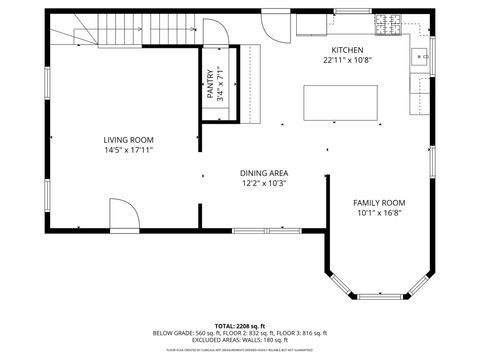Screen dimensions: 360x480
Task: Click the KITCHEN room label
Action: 347,49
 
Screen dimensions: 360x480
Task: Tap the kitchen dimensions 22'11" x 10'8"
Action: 347,60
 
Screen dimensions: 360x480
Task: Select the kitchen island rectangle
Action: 341,102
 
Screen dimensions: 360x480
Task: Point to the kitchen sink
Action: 418,57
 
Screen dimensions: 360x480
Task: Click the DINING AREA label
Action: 264,173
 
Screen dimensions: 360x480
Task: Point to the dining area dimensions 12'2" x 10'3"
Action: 264,184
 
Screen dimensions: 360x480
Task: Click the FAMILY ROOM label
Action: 380,202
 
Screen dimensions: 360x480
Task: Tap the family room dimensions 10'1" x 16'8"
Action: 380,212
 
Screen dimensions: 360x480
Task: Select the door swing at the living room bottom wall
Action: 120,213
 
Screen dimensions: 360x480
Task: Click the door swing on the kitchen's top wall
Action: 276,24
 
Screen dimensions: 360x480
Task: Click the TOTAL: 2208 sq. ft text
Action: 239,326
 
